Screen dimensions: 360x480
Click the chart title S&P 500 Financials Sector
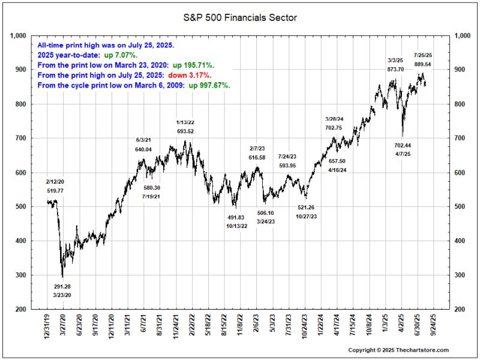point(239,18)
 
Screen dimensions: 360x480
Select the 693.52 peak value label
point(185,131)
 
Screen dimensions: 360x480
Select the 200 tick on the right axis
point(462,310)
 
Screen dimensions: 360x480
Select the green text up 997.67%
point(209,85)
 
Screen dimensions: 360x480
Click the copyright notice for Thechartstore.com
point(398,350)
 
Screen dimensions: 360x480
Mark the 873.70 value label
point(396,70)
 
